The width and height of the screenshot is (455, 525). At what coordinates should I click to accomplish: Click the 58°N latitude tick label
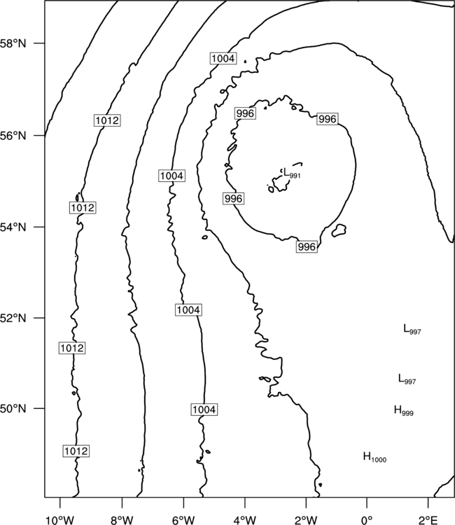13,43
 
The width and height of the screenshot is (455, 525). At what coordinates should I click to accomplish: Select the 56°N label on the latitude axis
13,136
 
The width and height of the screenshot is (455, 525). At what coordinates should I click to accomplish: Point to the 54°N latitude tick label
13,227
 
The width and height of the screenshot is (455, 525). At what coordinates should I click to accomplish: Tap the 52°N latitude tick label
13,318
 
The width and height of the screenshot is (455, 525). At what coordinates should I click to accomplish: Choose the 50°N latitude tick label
13,409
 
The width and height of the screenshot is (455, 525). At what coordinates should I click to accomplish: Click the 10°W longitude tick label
60,520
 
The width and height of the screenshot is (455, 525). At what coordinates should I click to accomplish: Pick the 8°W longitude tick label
122,520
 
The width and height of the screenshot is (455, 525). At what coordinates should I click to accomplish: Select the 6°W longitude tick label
183,520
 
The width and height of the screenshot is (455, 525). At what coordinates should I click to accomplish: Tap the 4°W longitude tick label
245,520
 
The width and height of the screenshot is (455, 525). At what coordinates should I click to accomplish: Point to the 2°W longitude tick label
306,520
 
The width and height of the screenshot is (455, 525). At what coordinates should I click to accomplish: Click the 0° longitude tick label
367,520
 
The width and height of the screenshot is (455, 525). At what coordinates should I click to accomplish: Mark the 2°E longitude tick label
428,520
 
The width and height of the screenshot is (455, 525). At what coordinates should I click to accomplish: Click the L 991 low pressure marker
292,174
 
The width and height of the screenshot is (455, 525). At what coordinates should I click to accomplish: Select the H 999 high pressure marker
403,410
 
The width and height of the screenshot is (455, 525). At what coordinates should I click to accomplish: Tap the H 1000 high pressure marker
374,457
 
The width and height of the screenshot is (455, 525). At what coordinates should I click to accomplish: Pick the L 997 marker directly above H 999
407,379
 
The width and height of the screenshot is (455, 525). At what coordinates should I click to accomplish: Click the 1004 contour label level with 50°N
204,409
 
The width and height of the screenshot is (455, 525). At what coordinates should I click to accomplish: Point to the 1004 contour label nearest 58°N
223,59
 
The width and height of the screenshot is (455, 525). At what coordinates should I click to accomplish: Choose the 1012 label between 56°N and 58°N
106,120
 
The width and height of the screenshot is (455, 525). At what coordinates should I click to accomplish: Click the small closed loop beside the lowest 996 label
339,230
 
